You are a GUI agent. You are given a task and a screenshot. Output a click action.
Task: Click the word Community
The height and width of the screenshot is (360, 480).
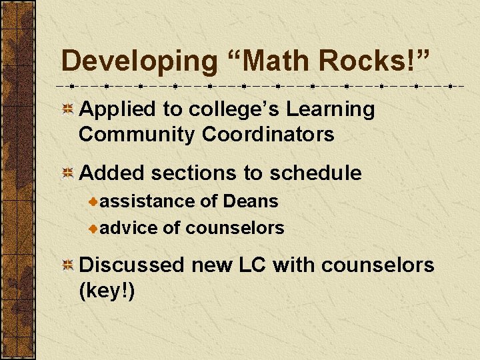click(x=137, y=134)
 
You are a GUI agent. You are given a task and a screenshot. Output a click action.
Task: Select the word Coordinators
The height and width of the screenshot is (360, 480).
click(x=268, y=134)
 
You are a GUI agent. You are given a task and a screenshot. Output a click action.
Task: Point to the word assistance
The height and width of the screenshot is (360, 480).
click(x=149, y=201)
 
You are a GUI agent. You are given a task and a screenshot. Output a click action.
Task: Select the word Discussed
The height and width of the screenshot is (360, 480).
click(x=131, y=265)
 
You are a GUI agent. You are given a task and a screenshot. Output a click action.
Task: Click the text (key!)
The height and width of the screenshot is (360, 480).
click(x=107, y=290)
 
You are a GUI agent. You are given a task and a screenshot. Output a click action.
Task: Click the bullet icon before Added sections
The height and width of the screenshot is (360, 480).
click(x=68, y=174)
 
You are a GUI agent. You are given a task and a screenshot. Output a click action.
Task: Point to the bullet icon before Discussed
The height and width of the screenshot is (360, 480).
click(x=68, y=265)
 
